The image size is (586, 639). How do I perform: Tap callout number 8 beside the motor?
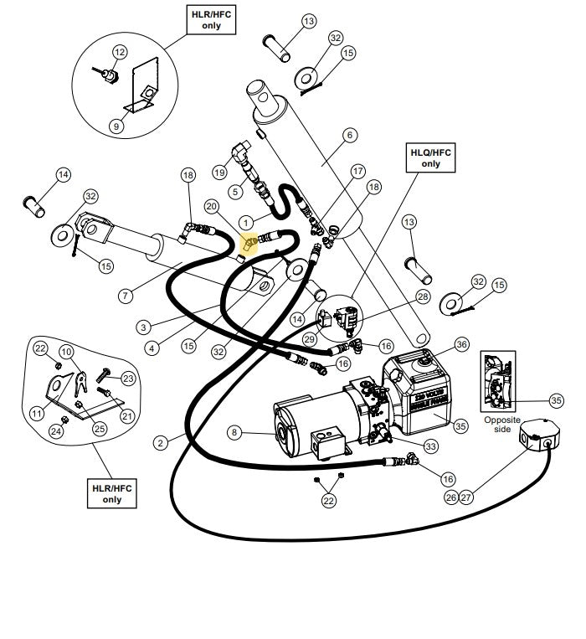tap(235, 432)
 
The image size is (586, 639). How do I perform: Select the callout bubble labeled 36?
tap(462, 343)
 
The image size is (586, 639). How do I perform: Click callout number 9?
tap(116, 126)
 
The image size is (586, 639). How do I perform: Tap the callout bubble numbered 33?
tap(429, 446)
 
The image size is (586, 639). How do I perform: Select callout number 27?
tap(467, 497)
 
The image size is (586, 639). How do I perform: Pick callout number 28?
tap(422, 296)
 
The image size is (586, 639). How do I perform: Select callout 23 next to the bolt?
tap(128, 378)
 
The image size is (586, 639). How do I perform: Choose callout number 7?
tap(126, 295)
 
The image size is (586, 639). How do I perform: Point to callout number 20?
tap(211, 206)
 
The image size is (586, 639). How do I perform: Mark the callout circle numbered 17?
tap(358, 171)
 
